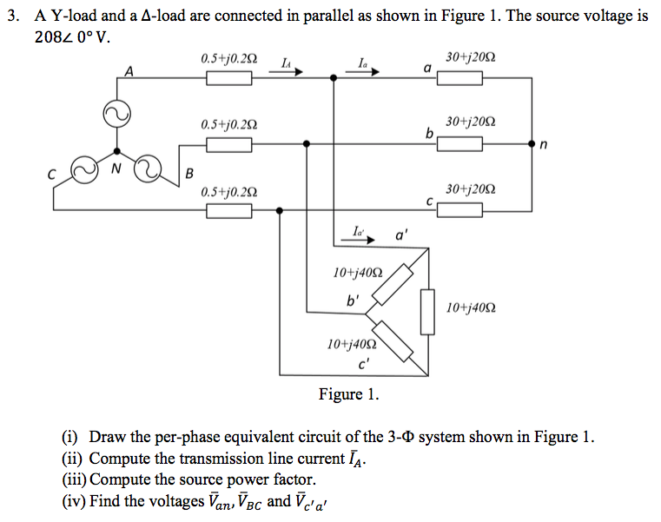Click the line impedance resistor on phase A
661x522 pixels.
[228, 79]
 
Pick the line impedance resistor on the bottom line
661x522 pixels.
[228, 210]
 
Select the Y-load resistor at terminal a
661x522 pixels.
[459, 79]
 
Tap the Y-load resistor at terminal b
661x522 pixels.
[459, 143]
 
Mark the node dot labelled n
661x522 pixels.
[532, 144]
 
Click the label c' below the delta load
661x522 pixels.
[364, 364]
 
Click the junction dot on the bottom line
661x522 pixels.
[280, 210]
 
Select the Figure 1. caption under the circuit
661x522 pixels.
[348, 395]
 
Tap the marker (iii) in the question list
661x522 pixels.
[74, 479]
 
